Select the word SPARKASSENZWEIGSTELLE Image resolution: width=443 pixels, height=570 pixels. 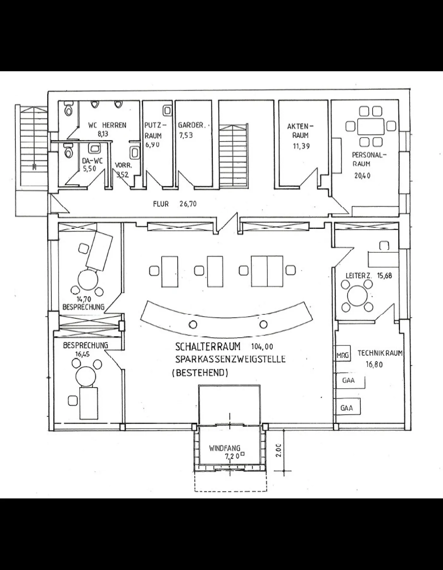tap(230, 359)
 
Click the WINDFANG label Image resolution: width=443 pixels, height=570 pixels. tap(225, 448)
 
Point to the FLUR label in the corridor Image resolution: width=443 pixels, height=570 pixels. tap(161, 204)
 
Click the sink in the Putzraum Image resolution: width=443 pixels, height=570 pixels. tap(168, 111)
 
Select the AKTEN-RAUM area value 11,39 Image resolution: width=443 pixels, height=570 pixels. tap(301, 146)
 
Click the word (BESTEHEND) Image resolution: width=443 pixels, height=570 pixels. tap(200, 373)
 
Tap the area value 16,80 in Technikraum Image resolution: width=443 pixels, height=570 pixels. tap(374, 364)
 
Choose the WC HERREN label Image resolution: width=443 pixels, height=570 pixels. tap(107, 125)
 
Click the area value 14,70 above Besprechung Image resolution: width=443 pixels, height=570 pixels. tap(84, 299)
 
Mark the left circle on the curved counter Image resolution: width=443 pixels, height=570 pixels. tap(193, 324)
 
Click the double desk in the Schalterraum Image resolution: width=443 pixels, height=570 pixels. tap(267, 271)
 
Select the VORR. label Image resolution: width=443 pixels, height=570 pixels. tap(123, 165)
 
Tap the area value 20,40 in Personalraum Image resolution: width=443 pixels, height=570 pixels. tap(362, 175)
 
